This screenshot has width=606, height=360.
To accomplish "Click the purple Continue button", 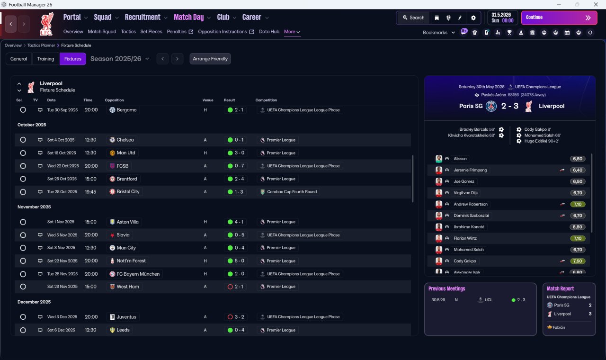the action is point(559,18).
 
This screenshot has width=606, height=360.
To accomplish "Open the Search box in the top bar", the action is point(414,18).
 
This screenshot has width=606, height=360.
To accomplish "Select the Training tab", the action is point(45,59).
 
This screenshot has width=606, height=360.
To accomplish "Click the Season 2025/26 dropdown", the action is point(120,59).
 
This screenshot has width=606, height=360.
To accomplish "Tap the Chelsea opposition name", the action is point(125,140).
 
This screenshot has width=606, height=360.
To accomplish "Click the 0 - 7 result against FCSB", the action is point(239,166).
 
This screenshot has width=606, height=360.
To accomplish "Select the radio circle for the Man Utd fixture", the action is point(23,153).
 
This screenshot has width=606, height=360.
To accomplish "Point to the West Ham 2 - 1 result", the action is point(239,287).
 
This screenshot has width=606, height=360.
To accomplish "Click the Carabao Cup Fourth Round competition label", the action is point(292,192).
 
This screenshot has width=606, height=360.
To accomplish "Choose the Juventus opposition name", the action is point(126,317).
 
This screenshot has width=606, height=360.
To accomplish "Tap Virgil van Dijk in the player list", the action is point(465,193).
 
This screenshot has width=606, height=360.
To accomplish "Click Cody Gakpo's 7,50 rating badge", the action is point(577,261).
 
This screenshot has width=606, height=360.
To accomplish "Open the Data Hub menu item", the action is point(269,32).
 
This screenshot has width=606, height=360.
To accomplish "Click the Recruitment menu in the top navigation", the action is point(143,18).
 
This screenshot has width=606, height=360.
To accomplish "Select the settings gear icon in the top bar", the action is point(473,18).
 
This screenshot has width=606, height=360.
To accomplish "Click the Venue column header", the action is point(208,100).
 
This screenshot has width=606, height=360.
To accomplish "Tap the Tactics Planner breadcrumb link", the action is point(41,45).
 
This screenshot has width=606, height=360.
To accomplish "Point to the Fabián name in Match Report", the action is point(559,327).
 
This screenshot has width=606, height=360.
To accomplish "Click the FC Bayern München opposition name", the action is point(138,274).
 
